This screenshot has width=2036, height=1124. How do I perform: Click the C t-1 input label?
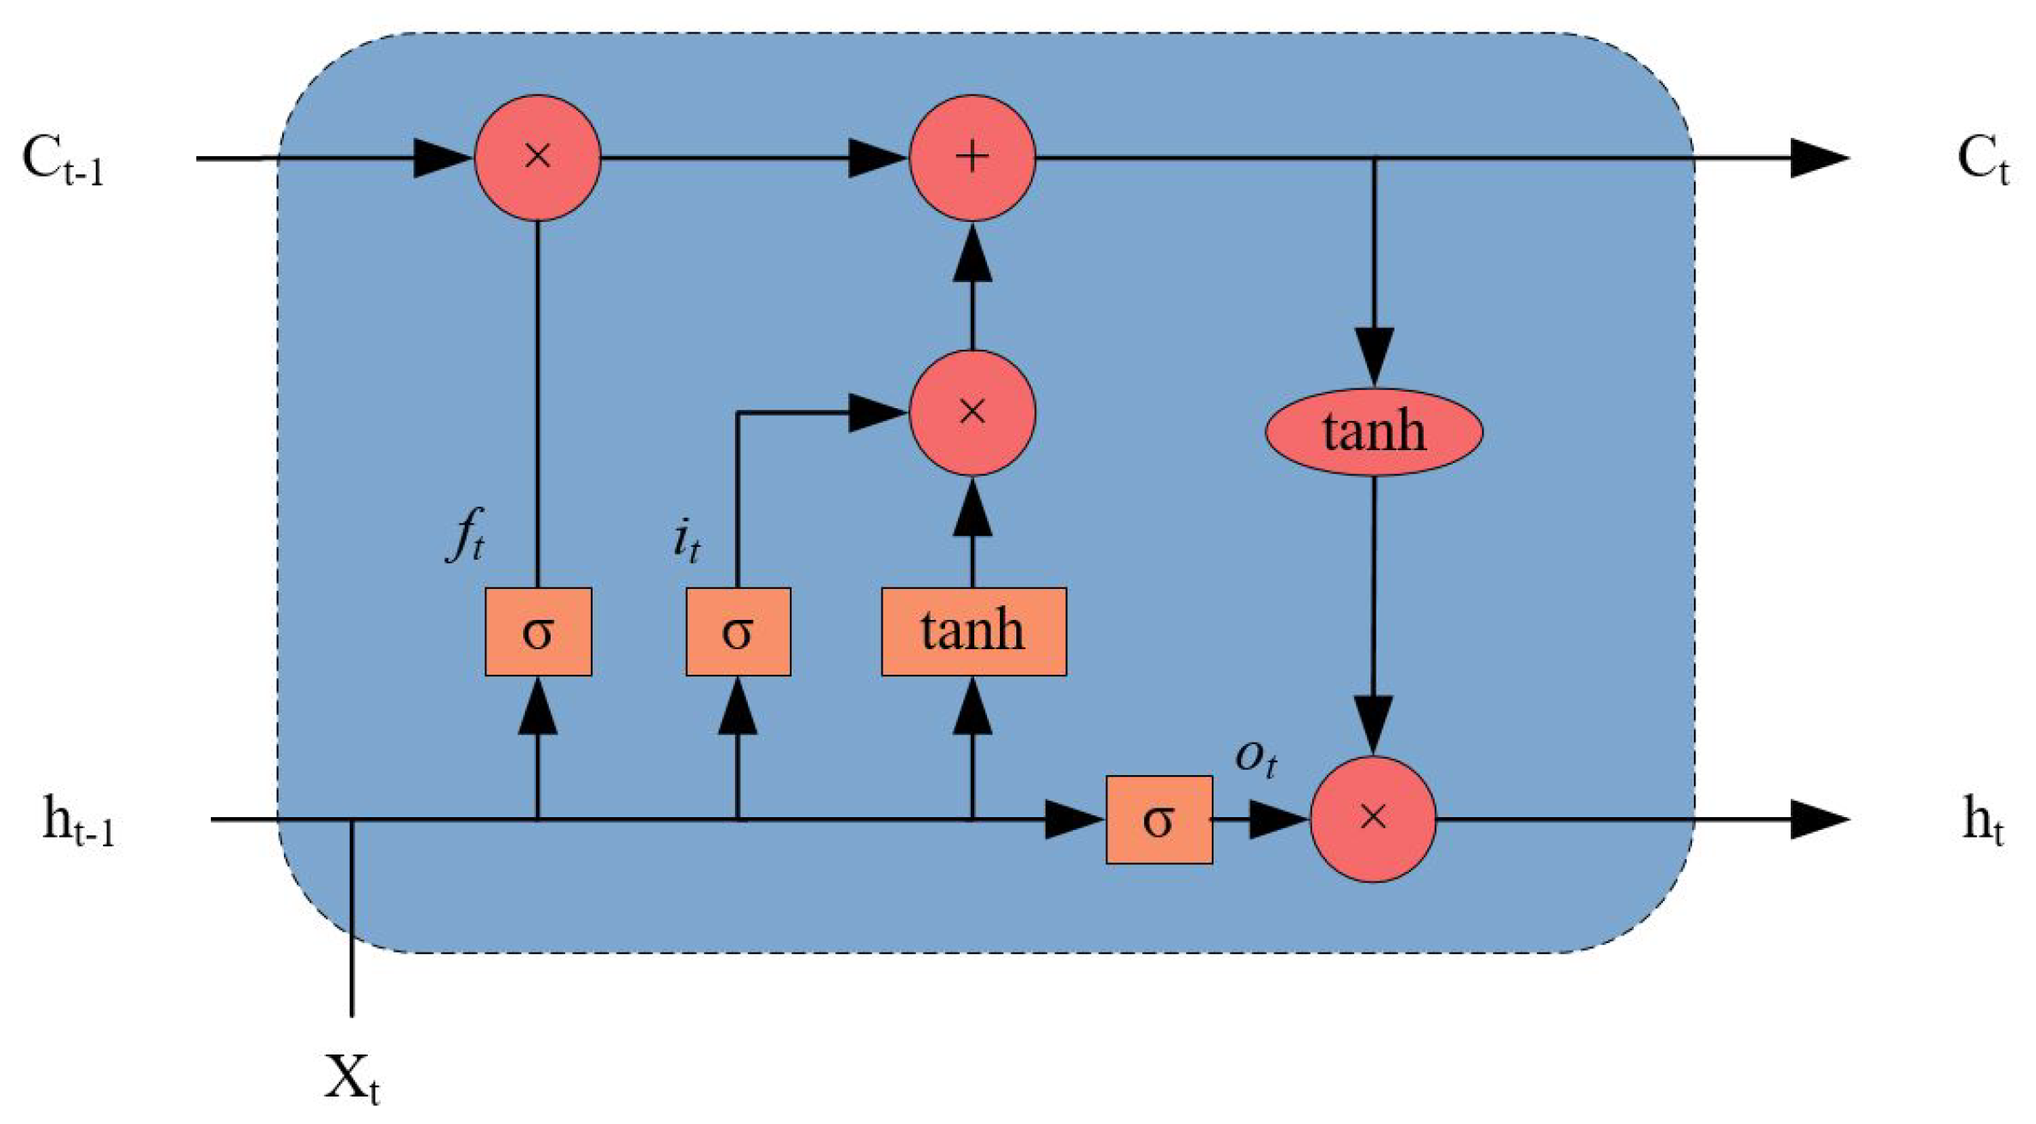[x=62, y=161]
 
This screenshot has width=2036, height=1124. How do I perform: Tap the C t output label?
[x=1982, y=161]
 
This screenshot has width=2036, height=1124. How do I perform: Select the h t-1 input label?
[x=78, y=822]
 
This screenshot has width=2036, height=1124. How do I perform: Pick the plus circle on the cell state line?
[x=972, y=158]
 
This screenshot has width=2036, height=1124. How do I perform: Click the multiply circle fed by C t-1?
[x=538, y=158]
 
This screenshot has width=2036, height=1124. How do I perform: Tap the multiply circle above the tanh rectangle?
[x=972, y=412]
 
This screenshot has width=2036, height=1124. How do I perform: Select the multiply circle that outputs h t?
[x=1373, y=819]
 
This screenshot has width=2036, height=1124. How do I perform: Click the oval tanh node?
[x=1373, y=431]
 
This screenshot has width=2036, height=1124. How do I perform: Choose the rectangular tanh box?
[x=973, y=632]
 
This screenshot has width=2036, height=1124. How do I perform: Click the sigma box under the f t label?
[x=538, y=632]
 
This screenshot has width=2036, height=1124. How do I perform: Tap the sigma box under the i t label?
[x=738, y=632]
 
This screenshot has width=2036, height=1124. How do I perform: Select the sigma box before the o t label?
[x=1159, y=820]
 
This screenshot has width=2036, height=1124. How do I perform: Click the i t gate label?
[x=686, y=542]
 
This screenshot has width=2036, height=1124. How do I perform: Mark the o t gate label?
[x=1256, y=757]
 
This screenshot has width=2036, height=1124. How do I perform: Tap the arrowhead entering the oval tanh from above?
[x=1373, y=356]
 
